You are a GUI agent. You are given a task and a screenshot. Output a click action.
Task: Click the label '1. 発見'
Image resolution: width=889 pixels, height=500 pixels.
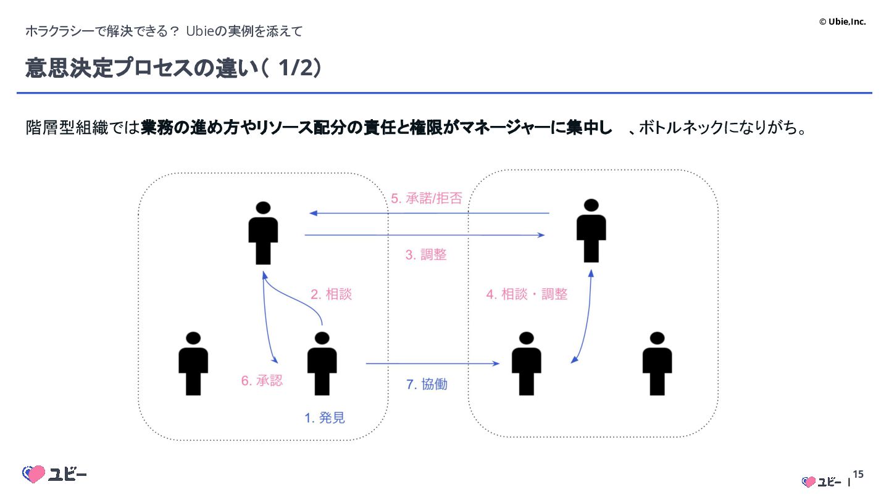coord(325,418)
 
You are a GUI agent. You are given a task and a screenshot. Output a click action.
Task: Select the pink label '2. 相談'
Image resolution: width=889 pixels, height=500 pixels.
coord(331,294)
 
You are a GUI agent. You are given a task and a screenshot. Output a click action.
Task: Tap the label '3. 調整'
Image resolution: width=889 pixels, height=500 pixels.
coord(426,254)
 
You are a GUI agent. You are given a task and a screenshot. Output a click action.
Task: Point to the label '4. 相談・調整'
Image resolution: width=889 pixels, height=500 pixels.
coord(527,294)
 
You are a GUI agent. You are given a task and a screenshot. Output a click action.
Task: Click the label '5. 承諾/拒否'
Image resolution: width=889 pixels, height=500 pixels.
coord(426,198)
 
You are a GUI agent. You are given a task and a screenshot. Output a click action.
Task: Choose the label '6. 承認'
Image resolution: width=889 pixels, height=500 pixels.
coord(262,381)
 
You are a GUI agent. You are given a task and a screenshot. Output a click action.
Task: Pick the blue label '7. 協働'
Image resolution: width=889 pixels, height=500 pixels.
coord(427,384)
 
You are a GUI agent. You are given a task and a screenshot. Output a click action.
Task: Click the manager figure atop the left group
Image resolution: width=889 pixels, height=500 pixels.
coord(263,233)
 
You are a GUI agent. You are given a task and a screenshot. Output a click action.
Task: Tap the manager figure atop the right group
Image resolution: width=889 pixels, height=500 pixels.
coord(591,230)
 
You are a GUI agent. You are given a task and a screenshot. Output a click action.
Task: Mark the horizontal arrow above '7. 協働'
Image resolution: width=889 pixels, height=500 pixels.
coord(432,364)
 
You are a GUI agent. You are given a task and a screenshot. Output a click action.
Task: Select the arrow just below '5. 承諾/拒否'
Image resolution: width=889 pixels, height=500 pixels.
coord(429,213)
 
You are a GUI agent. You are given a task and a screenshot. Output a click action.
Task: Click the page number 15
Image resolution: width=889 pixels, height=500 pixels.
coord(858,475)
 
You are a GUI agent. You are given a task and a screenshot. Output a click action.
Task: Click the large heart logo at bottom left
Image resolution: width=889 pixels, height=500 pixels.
coord(34,474)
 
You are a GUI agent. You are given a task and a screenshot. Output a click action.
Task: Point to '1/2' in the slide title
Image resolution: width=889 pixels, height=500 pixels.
coord(294,69)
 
